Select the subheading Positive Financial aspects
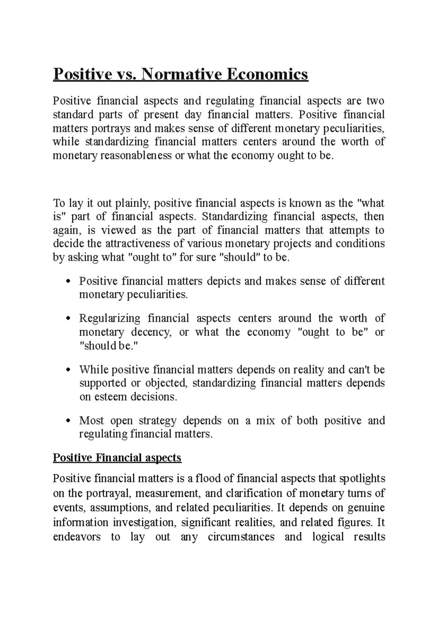click(x=117, y=458)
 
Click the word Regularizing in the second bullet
click(x=109, y=318)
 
